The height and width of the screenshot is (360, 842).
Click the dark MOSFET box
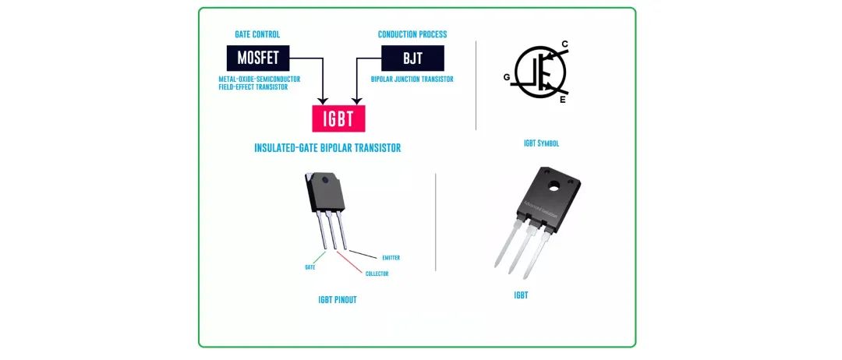pyautogui.click(x=257, y=58)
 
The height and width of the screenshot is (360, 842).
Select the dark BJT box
pyautogui.click(x=412, y=58)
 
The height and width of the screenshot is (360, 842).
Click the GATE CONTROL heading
pyautogui.click(x=257, y=34)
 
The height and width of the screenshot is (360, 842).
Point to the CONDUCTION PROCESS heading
pyautogui.click(x=412, y=34)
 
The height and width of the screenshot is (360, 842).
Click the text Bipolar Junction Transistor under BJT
pyautogui.click(x=412, y=79)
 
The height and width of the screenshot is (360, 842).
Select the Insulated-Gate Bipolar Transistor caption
pyautogui.click(x=327, y=148)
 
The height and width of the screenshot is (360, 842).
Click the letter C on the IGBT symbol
pyautogui.click(x=564, y=44)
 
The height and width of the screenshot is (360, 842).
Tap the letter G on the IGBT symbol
pyautogui.click(x=508, y=76)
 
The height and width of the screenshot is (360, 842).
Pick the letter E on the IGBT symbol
pyautogui.click(x=563, y=100)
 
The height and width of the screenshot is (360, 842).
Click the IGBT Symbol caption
pyautogui.click(x=541, y=144)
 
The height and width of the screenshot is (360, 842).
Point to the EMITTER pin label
pyautogui.click(x=391, y=257)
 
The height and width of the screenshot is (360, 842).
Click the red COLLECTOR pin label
pyautogui.click(x=377, y=274)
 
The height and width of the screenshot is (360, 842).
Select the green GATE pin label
pyautogui.click(x=310, y=266)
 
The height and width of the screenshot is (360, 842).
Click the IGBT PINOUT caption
pyautogui.click(x=338, y=300)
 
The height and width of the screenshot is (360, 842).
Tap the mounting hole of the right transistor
pyautogui.click(x=554, y=186)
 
